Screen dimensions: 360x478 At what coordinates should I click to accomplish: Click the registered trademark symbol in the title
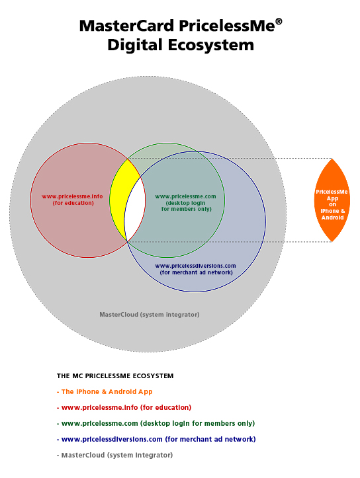279,22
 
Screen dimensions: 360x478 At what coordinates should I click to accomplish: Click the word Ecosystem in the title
211,45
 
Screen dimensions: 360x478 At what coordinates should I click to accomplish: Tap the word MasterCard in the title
126,26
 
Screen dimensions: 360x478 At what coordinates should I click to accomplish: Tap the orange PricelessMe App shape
332,200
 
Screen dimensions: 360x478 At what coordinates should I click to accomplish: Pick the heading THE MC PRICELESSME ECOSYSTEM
115,376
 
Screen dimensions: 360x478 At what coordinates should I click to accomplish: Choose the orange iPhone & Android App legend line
105,392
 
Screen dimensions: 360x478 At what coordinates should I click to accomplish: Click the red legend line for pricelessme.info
124,407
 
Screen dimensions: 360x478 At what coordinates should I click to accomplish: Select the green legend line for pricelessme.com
156,423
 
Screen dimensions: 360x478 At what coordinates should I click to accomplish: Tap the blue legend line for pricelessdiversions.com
156,439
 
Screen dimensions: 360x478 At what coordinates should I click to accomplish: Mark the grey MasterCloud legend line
114,455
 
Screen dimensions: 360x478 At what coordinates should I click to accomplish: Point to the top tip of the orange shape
332,159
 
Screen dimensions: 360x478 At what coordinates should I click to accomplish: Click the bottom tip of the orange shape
332,242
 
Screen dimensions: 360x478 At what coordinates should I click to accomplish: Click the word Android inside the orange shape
333,218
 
